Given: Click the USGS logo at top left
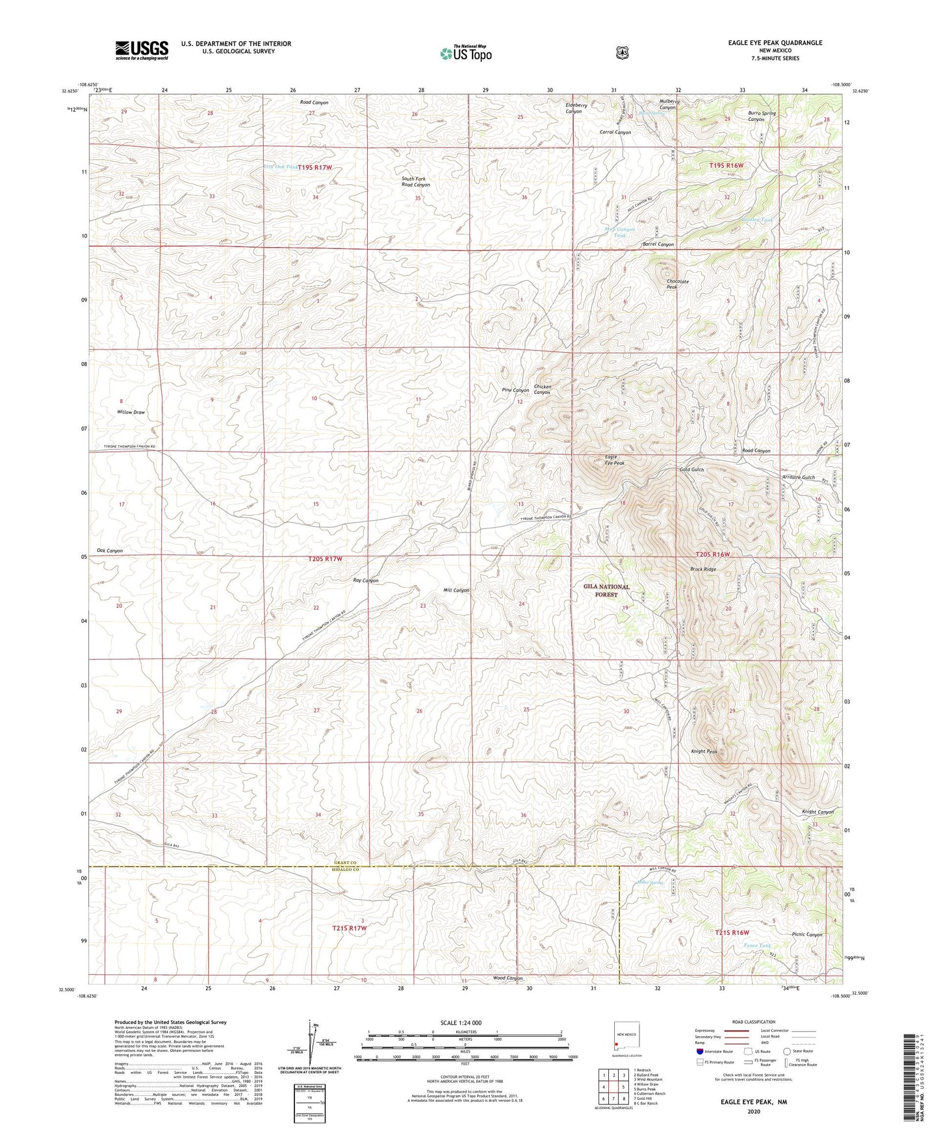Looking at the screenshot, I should tap(142, 50).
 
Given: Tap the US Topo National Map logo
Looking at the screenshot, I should tap(465, 53).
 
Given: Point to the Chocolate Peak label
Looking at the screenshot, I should tap(677, 284).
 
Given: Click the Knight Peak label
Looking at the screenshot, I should tap(704, 751).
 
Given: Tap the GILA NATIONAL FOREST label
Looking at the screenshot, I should tap(606, 590).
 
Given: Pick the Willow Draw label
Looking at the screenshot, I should tap(131, 412).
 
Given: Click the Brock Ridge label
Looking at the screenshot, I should tap(702, 569).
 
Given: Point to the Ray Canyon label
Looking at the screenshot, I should tap(365, 581).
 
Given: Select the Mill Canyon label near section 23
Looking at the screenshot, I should tap(456, 590).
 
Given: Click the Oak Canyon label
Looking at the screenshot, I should tap(110, 551).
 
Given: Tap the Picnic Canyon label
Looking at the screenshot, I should tap(807, 935).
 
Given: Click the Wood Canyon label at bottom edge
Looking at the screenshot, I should tap(508, 978).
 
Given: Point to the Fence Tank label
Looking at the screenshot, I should tap(757, 945).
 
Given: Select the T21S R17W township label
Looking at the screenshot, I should tap(350, 928).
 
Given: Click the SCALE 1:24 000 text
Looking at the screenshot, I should tap(461, 1023).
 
